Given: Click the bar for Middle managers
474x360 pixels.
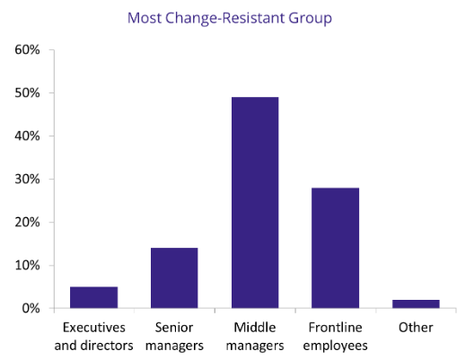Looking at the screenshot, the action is tap(255, 203).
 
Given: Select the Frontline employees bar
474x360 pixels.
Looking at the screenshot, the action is tap(335, 248).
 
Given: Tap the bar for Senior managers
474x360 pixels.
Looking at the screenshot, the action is tap(174, 278).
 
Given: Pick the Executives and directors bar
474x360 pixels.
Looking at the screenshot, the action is tap(93, 297).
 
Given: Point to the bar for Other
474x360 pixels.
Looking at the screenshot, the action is tap(416, 304).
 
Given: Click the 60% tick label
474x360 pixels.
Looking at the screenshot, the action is tap(27, 49).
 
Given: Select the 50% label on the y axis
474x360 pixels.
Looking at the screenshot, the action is tap(27, 92).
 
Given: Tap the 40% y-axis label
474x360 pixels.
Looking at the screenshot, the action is tap(27, 136).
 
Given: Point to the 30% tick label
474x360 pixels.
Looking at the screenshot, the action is tap(27, 180).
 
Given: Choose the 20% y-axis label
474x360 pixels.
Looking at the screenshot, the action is tap(27, 223).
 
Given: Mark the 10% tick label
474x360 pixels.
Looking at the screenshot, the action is tap(27, 266).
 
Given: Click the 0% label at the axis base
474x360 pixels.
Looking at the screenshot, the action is tap(31, 309).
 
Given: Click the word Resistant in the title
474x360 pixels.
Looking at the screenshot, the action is tap(254, 18).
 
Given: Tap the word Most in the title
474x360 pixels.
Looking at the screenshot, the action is tap(145, 18).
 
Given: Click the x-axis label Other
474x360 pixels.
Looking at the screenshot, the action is tap(416, 328).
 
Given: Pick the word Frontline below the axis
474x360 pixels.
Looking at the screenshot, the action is tap(335, 328).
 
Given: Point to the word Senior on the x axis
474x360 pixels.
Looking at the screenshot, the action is tap(174, 328).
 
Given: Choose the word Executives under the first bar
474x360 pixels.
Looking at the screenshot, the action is tap(94, 328).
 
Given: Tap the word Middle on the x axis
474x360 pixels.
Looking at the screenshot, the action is tap(255, 328).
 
